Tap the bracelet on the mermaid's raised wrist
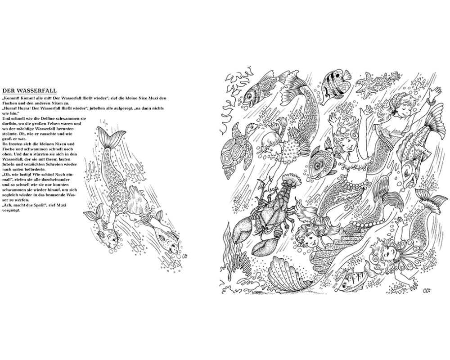429,101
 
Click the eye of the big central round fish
318,165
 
